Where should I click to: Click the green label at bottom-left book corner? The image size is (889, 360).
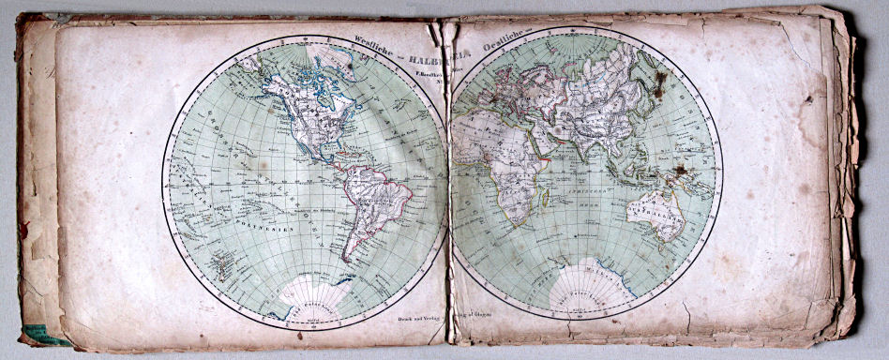tap(38, 333)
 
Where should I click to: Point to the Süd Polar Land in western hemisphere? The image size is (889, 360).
tap(314, 292)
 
